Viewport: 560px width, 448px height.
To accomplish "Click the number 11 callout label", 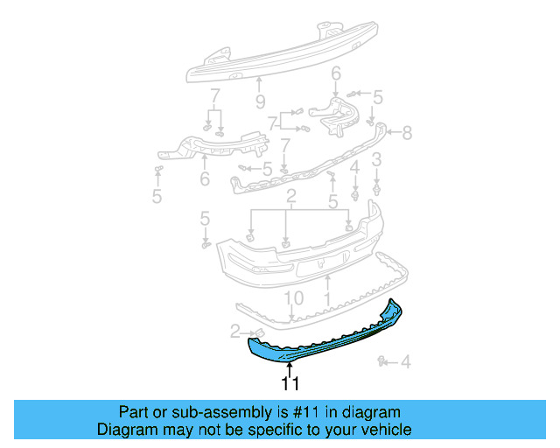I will (x=290, y=383).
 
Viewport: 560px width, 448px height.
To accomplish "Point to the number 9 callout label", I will (x=260, y=101).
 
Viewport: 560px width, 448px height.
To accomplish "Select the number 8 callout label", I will (x=406, y=134).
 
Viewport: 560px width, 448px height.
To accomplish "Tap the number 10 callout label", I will (x=294, y=298).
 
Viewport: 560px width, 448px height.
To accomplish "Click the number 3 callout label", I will (x=376, y=160).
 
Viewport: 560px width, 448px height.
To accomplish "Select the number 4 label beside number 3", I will (x=355, y=166).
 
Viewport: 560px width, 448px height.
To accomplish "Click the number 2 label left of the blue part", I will (x=235, y=331).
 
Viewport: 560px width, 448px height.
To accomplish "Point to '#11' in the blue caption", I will (x=310, y=412).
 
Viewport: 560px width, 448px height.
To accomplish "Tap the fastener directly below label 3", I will (x=376, y=186).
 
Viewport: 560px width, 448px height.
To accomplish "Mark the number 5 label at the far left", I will (x=157, y=197).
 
